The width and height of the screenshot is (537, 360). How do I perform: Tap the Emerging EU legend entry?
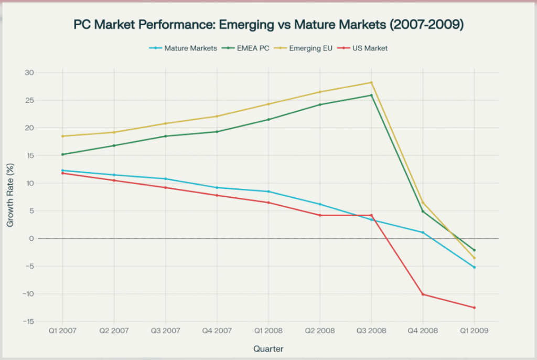(x=309, y=48)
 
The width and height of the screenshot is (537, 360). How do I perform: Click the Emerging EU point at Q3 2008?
(x=371, y=82)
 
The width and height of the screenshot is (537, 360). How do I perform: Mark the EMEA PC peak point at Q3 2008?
(x=371, y=95)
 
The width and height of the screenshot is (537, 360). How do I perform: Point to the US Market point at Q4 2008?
(x=423, y=294)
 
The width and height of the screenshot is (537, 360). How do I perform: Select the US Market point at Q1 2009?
(x=474, y=308)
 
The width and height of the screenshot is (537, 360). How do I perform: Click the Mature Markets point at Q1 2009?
(x=474, y=267)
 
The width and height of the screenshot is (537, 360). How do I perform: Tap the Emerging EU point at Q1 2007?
(x=63, y=136)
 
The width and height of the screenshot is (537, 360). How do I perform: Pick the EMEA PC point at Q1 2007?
(x=63, y=154)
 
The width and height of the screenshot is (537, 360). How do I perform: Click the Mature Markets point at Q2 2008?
(x=320, y=204)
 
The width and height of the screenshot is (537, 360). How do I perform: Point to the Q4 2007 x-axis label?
(x=217, y=332)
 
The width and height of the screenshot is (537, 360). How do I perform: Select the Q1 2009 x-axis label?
(x=474, y=332)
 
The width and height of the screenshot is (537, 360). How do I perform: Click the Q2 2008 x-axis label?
(x=320, y=332)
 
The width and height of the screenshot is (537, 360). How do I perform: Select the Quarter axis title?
(x=268, y=348)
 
